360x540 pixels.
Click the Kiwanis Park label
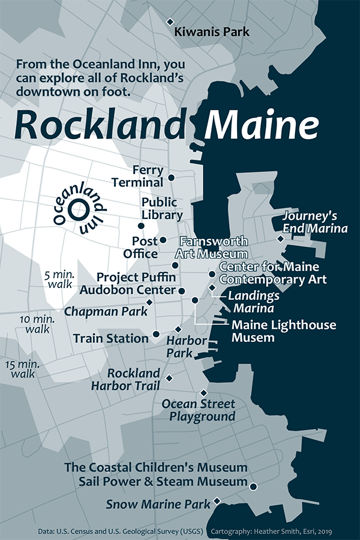[x=211, y=32]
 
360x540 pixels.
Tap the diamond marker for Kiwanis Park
[x=170, y=22]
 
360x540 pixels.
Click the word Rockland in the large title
[x=98, y=124]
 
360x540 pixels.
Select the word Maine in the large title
[x=260, y=124]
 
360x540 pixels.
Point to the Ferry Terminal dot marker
[x=171, y=178]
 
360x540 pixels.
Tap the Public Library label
[x=162, y=208]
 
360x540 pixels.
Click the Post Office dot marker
[x=163, y=240]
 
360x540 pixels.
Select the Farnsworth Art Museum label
[x=213, y=247]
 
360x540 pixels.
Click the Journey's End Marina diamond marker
[x=280, y=239]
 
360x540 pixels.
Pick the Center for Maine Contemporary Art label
[x=272, y=272]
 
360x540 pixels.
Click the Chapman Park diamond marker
[x=149, y=302]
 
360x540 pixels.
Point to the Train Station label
[x=110, y=338]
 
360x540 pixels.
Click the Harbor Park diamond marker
[x=178, y=329]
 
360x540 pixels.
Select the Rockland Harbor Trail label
[x=134, y=380]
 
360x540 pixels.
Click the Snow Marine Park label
[x=158, y=504]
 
